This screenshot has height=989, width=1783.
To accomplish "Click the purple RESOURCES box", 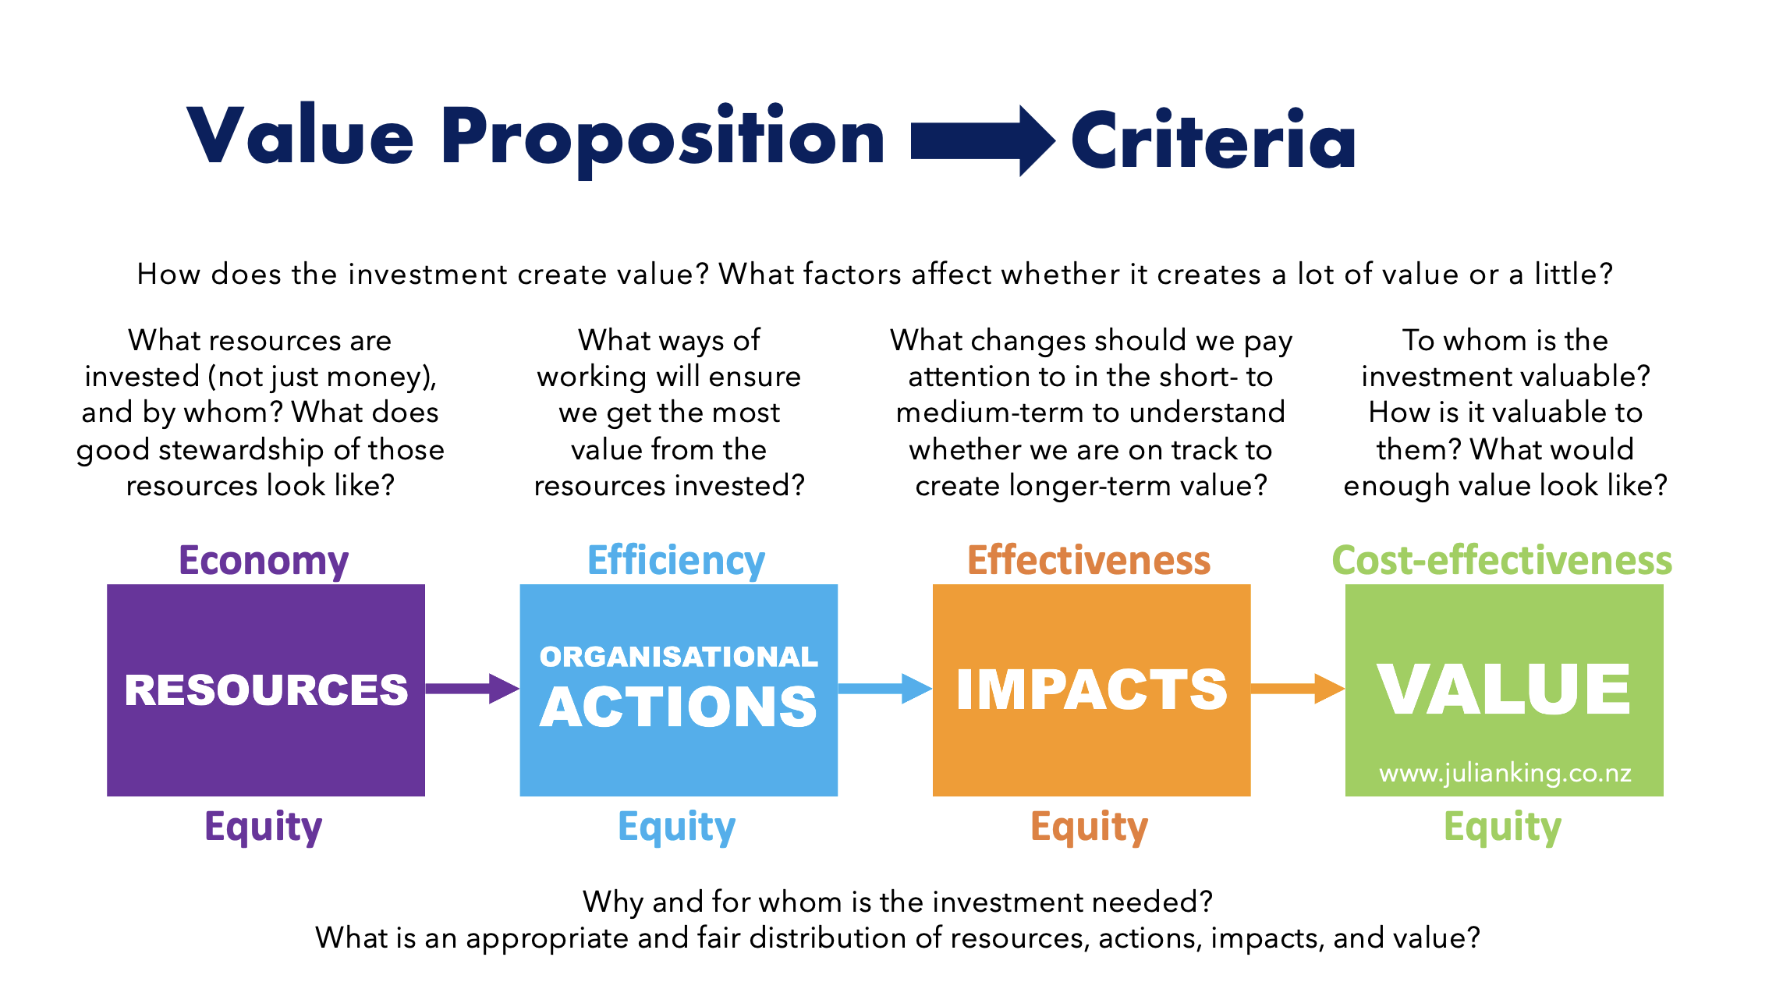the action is [266, 690].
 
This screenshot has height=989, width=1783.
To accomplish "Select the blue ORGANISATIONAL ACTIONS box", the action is [679, 690].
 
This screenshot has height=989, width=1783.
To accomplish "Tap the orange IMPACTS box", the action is [1091, 690].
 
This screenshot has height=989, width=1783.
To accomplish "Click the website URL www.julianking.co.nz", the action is [1505, 773].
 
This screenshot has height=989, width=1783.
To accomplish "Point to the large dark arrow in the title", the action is [983, 141].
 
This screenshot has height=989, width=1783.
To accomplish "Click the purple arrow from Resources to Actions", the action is [473, 689].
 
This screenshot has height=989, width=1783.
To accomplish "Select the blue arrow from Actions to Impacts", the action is [885, 689].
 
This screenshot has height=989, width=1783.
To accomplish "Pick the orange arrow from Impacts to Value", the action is [1298, 689].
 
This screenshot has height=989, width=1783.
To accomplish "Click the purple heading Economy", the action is [264, 562].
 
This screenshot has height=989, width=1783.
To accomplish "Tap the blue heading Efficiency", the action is [676, 562].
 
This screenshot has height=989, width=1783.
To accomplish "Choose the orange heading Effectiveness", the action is [1089, 560].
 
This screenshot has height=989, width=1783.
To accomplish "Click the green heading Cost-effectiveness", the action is [1502, 560].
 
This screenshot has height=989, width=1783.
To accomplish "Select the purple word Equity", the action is [264, 827].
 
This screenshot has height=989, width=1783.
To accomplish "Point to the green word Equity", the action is [1503, 827].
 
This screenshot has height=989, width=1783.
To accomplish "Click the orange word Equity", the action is [1090, 827].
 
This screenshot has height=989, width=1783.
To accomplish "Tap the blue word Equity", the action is [677, 827].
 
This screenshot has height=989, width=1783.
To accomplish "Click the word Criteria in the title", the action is [1214, 140].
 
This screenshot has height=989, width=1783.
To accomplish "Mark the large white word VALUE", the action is [1504, 689].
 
